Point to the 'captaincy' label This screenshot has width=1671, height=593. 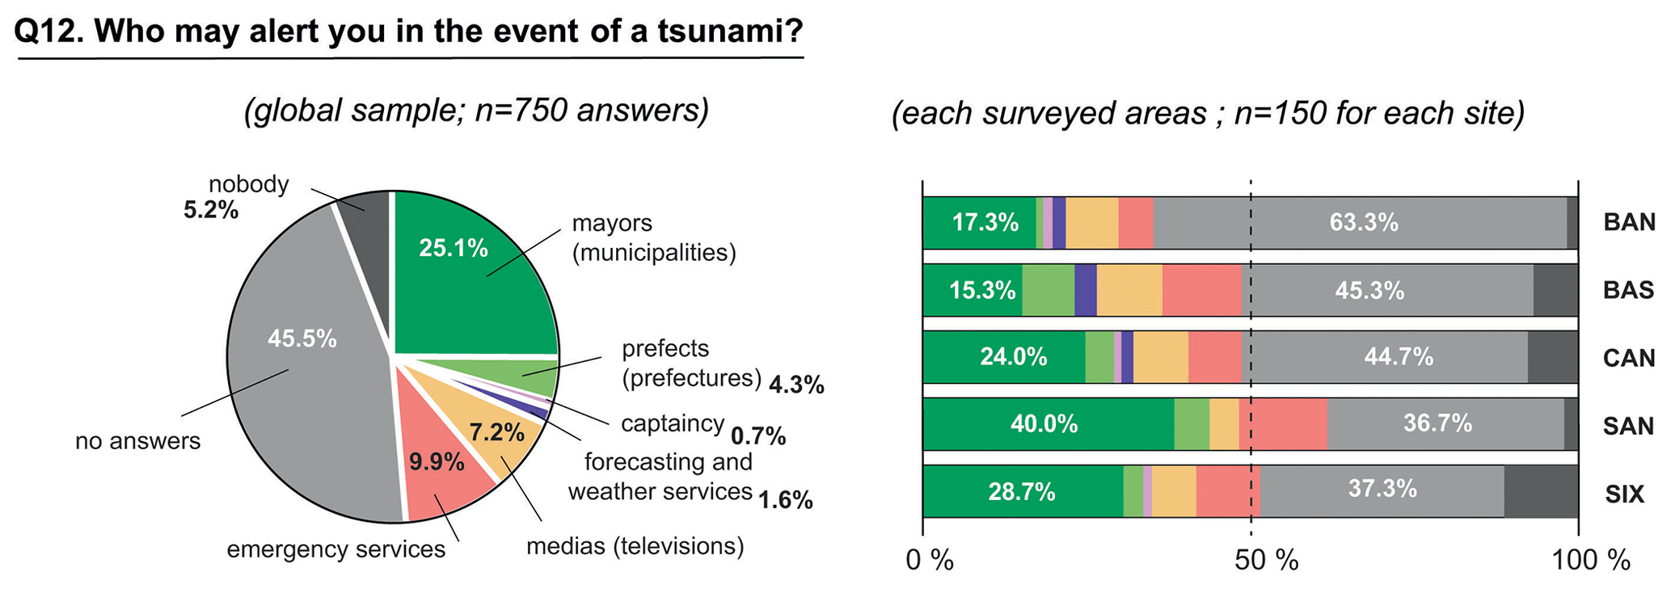pos(672,423)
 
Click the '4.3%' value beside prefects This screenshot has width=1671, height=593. pos(796,385)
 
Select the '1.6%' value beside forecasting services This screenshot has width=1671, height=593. pos(784,500)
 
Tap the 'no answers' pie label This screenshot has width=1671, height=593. pos(137,441)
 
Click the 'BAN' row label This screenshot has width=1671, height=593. pos(1629,222)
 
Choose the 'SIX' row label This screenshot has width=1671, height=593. pos(1624,493)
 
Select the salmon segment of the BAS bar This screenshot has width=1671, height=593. pos(1201,290)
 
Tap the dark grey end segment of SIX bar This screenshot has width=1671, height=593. pos(1541,491)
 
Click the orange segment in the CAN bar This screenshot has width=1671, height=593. pos(1161,357)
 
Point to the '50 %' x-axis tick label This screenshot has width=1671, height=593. pos(1266,560)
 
